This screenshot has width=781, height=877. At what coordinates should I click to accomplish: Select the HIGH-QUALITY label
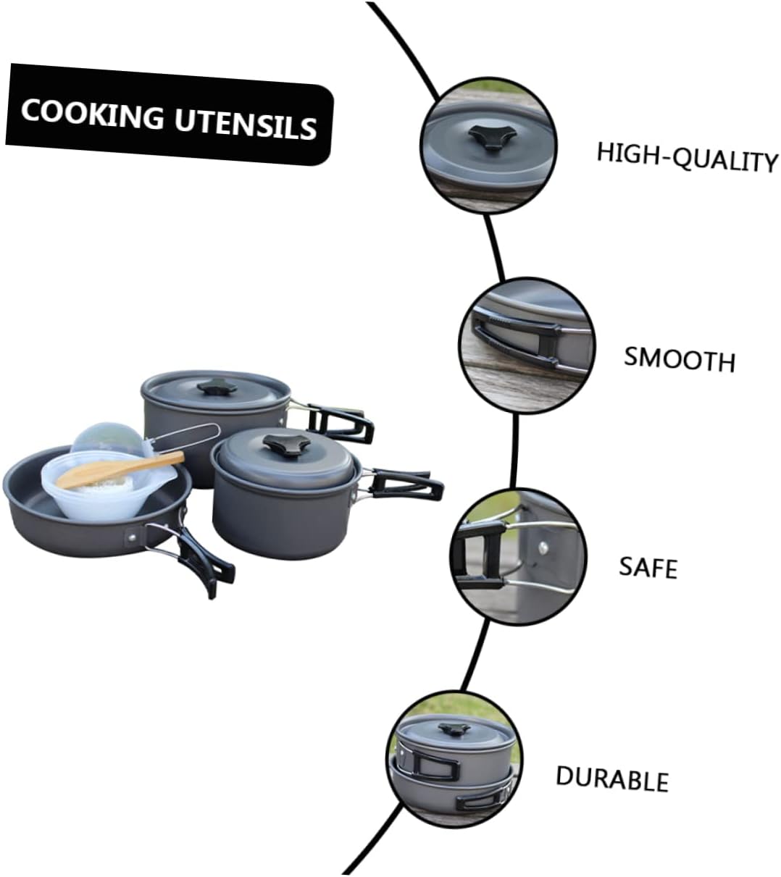click(686, 156)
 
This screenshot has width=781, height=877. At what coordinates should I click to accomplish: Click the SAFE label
click(648, 566)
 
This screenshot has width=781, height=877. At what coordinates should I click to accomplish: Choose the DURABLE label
click(611, 778)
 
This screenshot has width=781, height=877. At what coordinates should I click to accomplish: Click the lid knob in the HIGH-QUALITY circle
click(489, 135)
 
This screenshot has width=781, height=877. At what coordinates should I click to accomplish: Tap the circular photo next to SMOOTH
click(527, 345)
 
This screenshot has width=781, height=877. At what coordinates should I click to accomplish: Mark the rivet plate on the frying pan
click(135, 537)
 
